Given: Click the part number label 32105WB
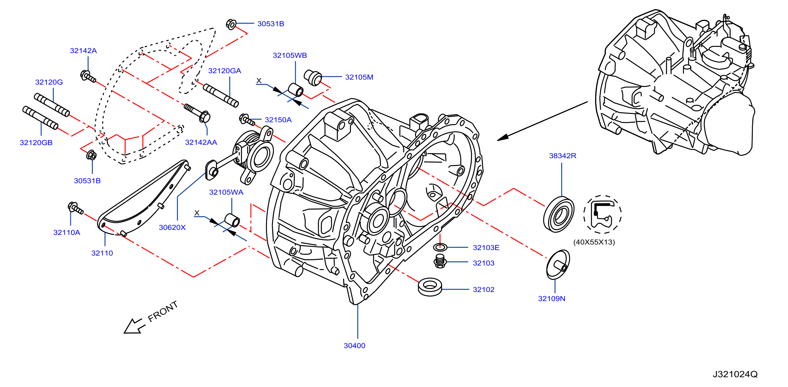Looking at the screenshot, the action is point(290,56).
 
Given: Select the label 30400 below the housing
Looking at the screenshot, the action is point(355,346).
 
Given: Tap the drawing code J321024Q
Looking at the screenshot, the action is point(735,374).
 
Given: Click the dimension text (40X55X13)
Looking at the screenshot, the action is point(594,242).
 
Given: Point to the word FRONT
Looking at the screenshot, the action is point(163,311).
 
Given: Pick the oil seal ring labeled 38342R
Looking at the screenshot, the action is point(559,214).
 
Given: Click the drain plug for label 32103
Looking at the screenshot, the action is point(440,261).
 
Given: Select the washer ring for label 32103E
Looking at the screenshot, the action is point(440,247).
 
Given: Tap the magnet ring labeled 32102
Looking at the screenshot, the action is point(430,287).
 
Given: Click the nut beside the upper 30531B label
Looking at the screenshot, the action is point(231,24).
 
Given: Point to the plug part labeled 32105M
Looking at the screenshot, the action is point(313,78).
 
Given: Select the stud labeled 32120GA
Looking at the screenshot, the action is point(221,95).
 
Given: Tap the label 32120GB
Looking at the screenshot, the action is point(36,143).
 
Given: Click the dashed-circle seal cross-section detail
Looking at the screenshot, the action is point(602,214).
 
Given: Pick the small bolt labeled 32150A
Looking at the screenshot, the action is point(246,120).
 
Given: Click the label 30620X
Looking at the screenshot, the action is point(172,227).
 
